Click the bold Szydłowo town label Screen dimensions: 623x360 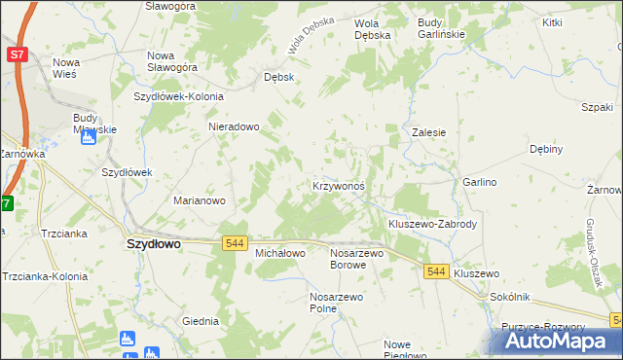[x=154, y=245]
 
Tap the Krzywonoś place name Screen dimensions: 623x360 [x=338, y=185]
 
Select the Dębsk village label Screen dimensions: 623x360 [x=279, y=77]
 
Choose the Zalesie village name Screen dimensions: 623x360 [x=428, y=132]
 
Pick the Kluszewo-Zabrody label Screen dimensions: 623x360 [x=432, y=224]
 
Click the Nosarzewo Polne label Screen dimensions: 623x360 [x=337, y=302]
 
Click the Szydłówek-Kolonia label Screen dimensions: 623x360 [x=179, y=96]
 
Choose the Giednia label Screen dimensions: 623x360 [x=201, y=320]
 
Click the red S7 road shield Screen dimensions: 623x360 [x=17, y=55]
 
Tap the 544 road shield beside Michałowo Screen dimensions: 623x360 [x=234, y=242]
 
